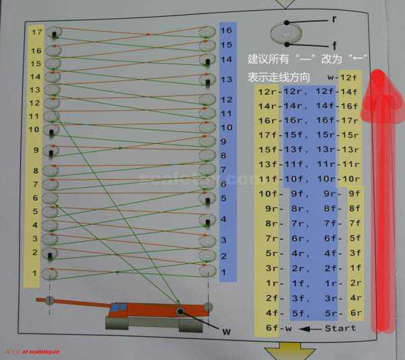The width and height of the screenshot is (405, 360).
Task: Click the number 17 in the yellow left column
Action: coord(36,32)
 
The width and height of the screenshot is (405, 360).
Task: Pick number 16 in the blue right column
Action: coord(227,30)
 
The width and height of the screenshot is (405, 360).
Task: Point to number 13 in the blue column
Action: coord(227,80)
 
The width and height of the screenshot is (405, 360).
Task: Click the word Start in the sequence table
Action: coord(340,328)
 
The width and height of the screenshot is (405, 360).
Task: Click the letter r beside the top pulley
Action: coord(333,20)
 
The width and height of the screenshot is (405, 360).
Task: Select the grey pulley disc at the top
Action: coord(287,31)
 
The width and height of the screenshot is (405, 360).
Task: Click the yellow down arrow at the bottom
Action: coord(283,351)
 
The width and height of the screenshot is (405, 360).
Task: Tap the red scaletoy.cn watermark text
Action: coord(32,353)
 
